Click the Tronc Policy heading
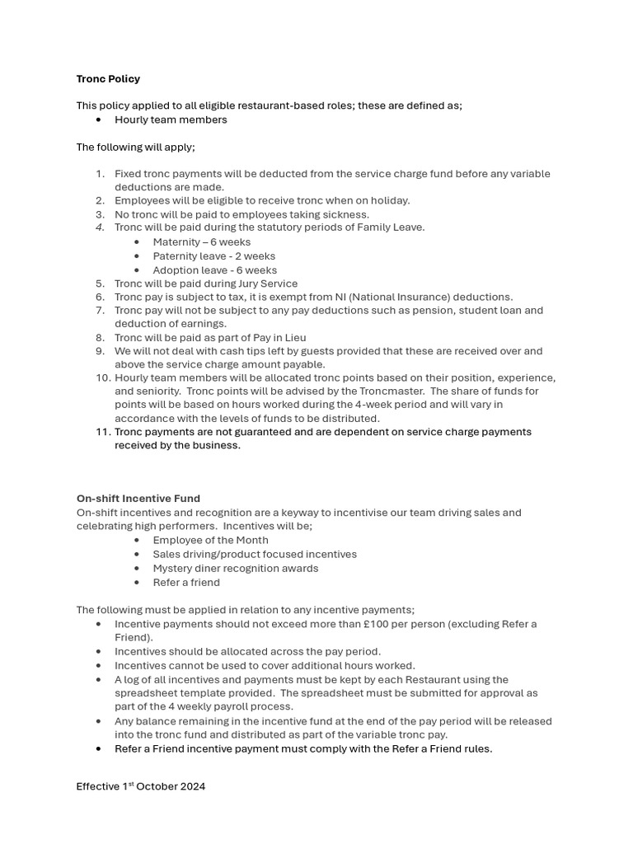[108, 79]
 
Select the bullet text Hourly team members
[171, 120]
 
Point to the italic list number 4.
[100, 227]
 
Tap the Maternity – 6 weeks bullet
[201, 242]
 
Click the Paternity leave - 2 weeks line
[213, 256]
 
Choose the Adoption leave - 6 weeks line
[214, 270]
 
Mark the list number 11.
[102, 432]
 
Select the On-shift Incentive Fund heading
[138, 499]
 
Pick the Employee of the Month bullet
[210, 541]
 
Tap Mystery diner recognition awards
[235, 569]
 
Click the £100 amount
[385, 624]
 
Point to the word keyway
[292, 513]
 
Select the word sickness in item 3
[346, 214]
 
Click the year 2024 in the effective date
[190, 786]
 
